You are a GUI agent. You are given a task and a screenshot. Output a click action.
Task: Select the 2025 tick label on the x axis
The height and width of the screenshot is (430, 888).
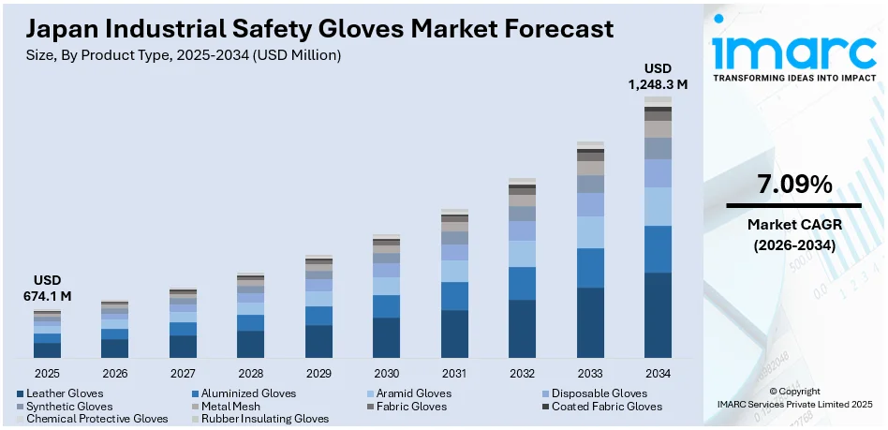[47, 373]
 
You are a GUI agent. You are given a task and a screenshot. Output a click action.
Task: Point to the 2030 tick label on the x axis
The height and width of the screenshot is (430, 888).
[386, 373]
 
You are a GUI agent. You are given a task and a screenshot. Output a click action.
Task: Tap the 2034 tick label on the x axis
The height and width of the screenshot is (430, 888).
[658, 373]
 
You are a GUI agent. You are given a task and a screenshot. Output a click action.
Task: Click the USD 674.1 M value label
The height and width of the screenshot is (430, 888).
[47, 289]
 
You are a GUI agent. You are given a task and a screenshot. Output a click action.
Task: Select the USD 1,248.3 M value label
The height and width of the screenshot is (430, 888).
[658, 76]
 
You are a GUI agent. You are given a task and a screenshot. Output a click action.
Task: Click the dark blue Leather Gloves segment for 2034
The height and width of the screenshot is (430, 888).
[658, 315]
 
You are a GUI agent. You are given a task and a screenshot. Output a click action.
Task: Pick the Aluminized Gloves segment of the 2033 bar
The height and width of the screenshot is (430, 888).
[590, 268]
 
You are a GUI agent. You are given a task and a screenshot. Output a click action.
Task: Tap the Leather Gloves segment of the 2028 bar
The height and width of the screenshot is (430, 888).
[250, 344]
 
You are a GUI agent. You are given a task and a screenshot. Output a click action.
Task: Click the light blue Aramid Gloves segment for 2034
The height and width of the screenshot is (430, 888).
[658, 206]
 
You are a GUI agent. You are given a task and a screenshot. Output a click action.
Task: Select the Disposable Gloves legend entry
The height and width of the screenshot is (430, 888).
[599, 393]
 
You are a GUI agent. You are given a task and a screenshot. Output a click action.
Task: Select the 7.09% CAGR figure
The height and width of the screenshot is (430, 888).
[794, 185]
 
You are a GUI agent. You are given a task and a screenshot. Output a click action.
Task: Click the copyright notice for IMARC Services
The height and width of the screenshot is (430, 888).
[794, 397]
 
